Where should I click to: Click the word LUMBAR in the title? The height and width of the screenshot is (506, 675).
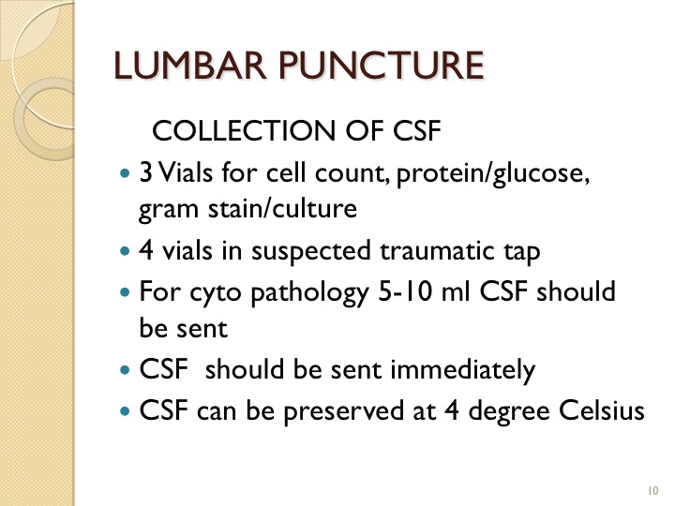coord(189,66)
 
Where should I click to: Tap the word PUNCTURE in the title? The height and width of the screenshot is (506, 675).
coord(382,66)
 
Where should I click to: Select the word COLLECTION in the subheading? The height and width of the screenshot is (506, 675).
coord(244,130)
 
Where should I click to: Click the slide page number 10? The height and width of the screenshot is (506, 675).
coord(652,490)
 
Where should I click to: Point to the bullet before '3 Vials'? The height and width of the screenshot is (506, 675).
coord(125,174)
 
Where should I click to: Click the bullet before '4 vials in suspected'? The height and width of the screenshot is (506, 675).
coord(125,251)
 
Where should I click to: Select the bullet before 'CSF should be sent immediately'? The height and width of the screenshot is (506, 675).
coord(125,369)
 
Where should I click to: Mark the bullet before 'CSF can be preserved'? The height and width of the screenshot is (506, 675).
coord(125,411)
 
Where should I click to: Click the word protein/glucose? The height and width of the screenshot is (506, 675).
coord(492,174)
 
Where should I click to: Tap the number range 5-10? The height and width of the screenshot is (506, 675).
coord(405,291)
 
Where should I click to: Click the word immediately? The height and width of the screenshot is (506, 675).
coord(463,370)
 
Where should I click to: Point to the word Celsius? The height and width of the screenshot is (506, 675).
coord(601,410)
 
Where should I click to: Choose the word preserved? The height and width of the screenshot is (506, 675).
coord(343,411)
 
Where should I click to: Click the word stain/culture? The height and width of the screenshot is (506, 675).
coord(282,209)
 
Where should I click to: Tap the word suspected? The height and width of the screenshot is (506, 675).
coord(311,252)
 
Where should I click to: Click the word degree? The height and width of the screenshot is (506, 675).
coord(508,411)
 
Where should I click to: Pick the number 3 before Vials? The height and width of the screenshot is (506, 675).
coord(145,173)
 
